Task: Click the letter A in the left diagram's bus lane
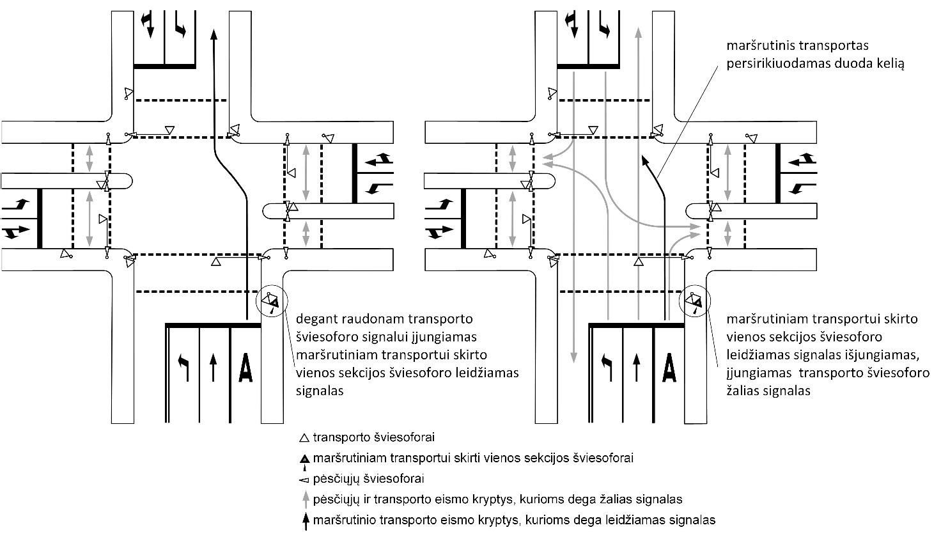245,368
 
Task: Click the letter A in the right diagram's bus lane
669,368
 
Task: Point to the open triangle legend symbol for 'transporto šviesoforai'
304,439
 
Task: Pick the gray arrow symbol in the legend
306,499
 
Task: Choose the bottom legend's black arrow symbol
306,520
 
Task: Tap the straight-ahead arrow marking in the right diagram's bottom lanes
636,368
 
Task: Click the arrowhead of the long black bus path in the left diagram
214,33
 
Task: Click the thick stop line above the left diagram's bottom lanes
214,325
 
